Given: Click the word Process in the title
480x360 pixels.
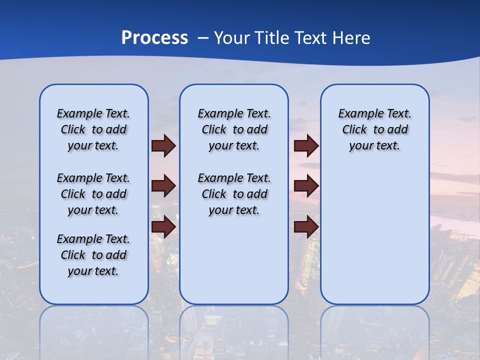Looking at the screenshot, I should [x=154, y=37].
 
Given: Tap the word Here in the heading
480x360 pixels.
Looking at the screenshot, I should [x=351, y=37].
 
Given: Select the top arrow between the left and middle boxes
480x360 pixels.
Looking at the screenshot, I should [x=163, y=146].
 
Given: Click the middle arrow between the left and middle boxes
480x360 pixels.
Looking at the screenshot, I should [x=163, y=186].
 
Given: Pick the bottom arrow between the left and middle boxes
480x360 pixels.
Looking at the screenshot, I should [x=163, y=226].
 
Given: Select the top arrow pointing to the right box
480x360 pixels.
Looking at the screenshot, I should [x=306, y=146].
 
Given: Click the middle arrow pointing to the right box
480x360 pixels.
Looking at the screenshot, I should [x=306, y=186].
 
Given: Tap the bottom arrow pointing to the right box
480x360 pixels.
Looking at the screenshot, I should [x=306, y=226].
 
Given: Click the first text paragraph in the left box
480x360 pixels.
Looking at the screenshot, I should [x=93, y=129].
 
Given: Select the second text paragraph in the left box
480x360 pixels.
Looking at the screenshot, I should [x=93, y=194].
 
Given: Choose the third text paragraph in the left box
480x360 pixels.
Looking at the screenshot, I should [x=93, y=255].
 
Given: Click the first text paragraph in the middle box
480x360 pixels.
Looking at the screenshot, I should [x=234, y=129].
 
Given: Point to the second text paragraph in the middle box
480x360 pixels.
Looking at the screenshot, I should [x=234, y=194].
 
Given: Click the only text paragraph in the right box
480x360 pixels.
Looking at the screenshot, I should [x=374, y=129].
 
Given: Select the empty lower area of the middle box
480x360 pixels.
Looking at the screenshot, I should [x=234, y=260].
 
